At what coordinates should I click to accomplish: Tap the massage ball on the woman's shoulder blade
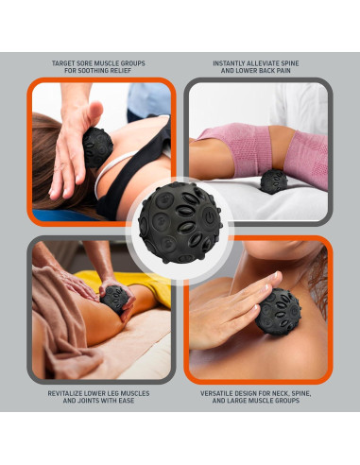[x=98, y=146]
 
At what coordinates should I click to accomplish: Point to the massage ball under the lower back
[x=275, y=181]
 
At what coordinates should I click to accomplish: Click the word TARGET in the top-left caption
[x=64, y=64]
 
